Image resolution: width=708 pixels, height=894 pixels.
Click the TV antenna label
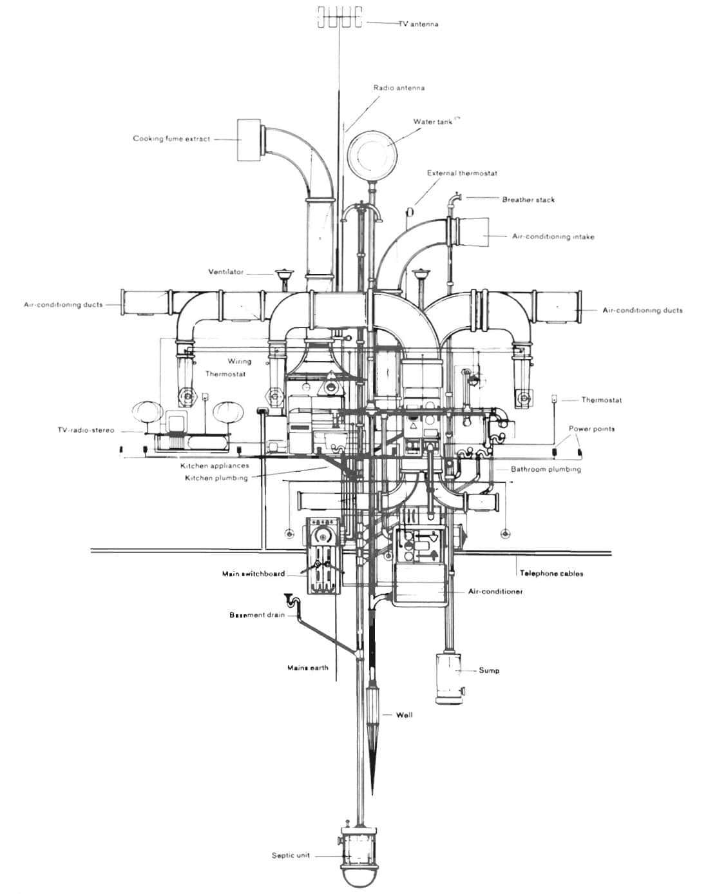pyautogui.click(x=419, y=24)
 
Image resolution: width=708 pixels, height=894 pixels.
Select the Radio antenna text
pyautogui.click(x=399, y=88)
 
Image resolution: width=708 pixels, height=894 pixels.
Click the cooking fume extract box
pyautogui.click(x=249, y=140)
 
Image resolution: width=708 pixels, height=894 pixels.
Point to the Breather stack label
pyautogui.click(x=528, y=199)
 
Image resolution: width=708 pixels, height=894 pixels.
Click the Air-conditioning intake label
pyautogui.click(x=553, y=237)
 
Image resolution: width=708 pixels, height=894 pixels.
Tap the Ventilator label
pyautogui.click(x=226, y=272)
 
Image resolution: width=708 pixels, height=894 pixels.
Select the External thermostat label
pyautogui.click(x=462, y=173)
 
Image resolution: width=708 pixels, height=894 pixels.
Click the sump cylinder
pyautogui.click(x=448, y=678)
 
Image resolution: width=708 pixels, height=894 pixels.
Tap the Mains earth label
pyautogui.click(x=308, y=668)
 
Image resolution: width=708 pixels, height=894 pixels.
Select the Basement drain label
pyautogui.click(x=257, y=615)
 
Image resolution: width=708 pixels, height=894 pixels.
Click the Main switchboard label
pyautogui.click(x=253, y=574)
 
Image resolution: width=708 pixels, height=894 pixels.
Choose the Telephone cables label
pyautogui.click(x=551, y=573)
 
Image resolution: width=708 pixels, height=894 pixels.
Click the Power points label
pyautogui.click(x=591, y=429)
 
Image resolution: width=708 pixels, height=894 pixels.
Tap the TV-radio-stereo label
pyautogui.click(x=86, y=430)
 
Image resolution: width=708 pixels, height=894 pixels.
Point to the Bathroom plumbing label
pyautogui.click(x=546, y=469)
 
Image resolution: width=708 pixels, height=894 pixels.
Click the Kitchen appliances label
pyautogui.click(x=215, y=466)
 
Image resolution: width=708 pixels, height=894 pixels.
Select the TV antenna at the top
pyautogui.click(x=340, y=17)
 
